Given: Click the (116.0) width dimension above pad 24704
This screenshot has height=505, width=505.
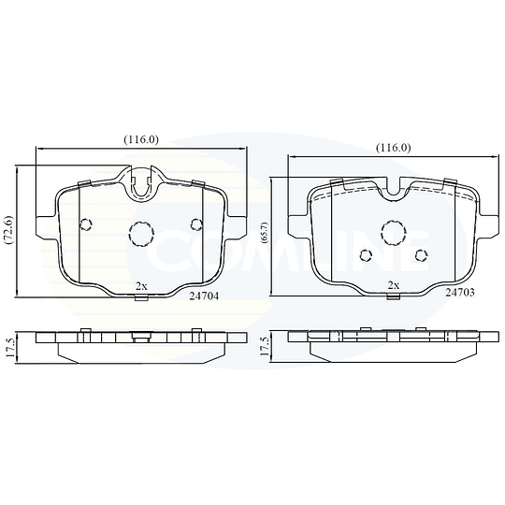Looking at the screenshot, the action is coord(141,139).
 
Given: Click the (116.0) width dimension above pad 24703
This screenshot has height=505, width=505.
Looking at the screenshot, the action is coord(394,148).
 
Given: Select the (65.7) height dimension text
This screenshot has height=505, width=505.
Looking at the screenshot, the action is coord(266,237).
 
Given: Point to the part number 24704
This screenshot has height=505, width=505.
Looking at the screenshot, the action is coord(204,296).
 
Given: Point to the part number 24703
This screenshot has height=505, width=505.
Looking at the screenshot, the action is coord(460,293).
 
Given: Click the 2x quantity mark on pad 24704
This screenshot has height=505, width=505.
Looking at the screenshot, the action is coord(141,286).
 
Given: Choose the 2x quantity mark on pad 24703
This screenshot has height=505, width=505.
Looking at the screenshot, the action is coord(394,285).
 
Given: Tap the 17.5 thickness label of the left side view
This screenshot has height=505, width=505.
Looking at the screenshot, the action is coord(10,347).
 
